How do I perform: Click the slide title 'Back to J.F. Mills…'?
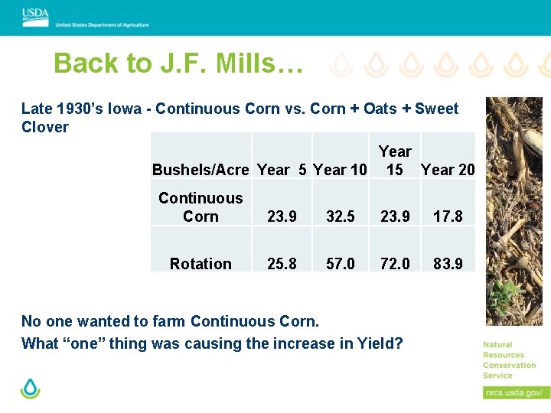tap(178, 63)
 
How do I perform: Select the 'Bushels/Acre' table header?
tap(201, 170)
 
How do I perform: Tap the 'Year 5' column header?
tap(282, 170)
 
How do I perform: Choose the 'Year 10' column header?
tap(341, 170)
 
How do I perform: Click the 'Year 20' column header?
tap(448, 170)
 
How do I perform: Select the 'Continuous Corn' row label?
tap(201, 207)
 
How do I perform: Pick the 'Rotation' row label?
tap(201, 264)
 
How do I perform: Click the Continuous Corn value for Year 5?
tap(282, 216)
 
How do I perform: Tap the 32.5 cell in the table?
tap(341, 216)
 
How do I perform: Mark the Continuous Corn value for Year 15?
tap(395, 216)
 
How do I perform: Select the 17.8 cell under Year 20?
tap(448, 216)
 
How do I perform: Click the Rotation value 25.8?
tap(282, 264)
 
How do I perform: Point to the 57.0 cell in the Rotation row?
tap(341, 264)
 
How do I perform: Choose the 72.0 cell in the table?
tap(395, 264)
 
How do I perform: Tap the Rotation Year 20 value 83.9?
tap(448, 264)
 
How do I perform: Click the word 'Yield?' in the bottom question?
tap(380, 343)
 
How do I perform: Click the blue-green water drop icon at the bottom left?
tap(30, 389)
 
